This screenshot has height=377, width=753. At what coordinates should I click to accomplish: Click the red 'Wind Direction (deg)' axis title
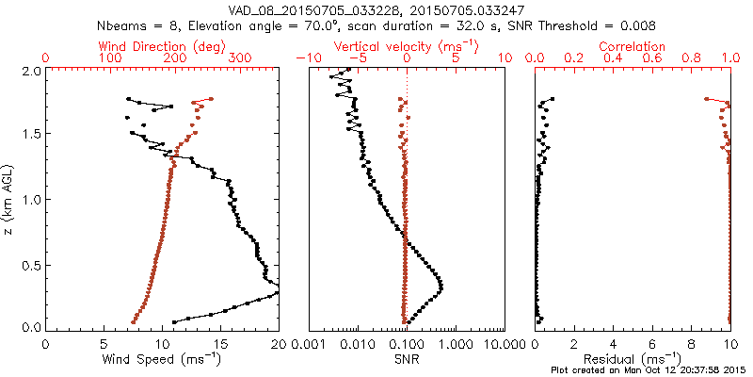click(163, 45)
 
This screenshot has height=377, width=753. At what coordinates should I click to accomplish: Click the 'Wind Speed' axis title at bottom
click(163, 360)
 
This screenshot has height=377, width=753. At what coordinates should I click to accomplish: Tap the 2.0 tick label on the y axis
click(30, 71)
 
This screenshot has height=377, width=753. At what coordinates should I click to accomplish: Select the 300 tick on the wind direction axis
click(240, 58)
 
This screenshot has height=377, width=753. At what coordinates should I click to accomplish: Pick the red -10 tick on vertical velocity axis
click(303, 58)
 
